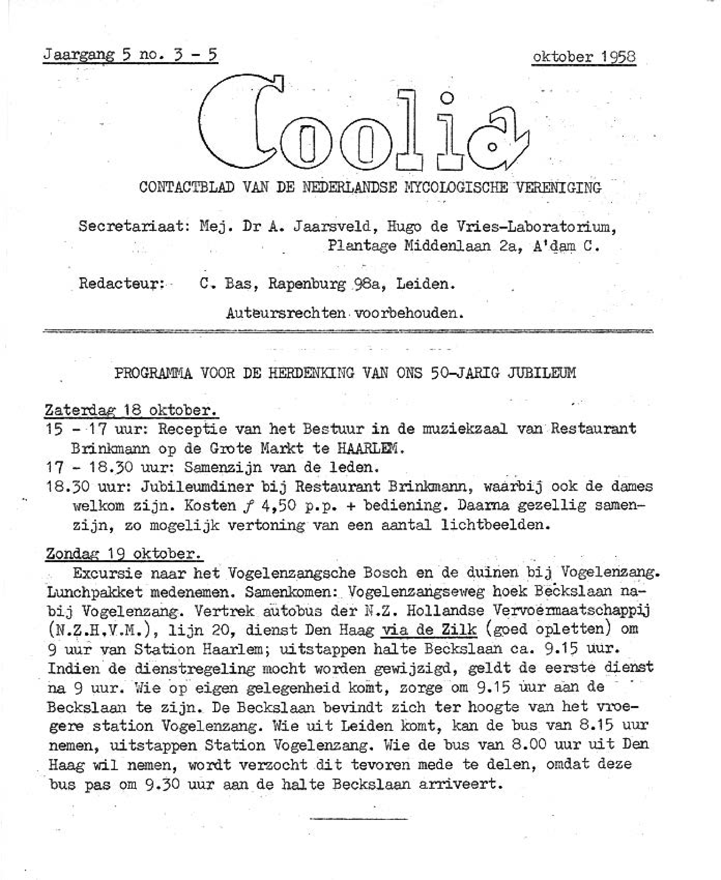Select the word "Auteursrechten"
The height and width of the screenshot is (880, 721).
286,313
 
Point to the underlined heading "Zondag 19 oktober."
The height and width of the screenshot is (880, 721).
125,554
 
